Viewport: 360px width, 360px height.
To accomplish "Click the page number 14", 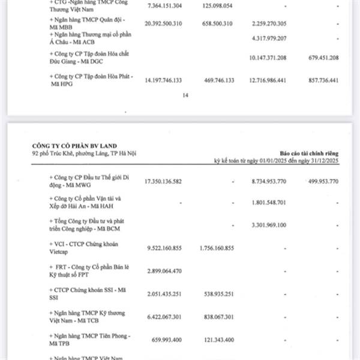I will pos(185,95).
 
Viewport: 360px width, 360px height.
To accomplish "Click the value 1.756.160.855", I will pos(215,247).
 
